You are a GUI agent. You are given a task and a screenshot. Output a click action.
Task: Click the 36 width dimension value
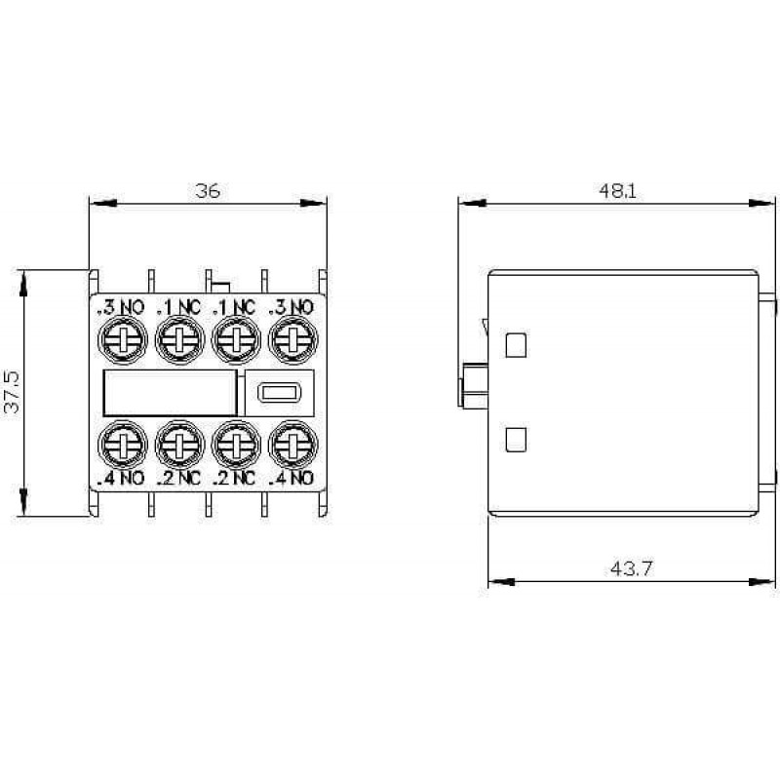(x=208, y=190)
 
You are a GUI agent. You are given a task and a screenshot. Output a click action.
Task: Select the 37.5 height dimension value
(x=12, y=392)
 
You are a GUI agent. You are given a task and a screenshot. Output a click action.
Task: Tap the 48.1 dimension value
(x=617, y=190)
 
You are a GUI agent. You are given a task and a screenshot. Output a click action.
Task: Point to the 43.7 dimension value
(x=631, y=568)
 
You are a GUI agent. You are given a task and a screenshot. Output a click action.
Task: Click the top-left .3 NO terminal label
(x=121, y=307)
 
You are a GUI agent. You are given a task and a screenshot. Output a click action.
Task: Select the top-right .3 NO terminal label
(x=292, y=307)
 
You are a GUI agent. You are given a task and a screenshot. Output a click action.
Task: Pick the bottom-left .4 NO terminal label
(x=121, y=478)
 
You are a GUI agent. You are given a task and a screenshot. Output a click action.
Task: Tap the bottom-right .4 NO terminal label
(x=292, y=478)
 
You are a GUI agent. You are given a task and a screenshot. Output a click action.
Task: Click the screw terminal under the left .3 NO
(x=123, y=340)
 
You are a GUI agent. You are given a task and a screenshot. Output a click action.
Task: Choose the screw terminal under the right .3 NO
(x=293, y=340)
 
